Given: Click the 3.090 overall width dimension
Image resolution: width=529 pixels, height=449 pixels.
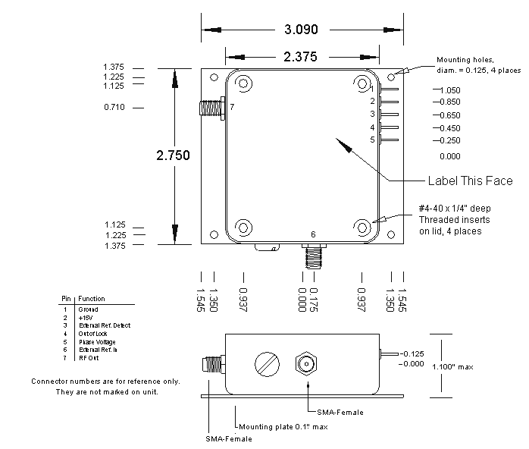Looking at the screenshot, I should click(x=301, y=30).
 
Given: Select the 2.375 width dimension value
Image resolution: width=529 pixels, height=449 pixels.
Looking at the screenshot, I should click(x=301, y=57).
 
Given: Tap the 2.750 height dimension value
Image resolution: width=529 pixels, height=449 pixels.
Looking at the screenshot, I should click(x=173, y=155).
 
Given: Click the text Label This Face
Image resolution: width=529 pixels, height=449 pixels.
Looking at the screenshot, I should click(x=470, y=181).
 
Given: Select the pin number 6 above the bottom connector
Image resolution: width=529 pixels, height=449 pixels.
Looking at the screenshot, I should click(x=313, y=234).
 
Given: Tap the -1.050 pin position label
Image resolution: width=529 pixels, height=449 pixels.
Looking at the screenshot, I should click(x=448, y=89).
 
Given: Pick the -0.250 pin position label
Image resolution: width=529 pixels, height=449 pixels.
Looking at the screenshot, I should click(x=448, y=140).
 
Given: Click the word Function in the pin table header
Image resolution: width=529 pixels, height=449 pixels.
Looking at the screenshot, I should click(x=92, y=299).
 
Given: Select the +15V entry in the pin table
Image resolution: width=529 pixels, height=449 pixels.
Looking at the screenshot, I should click(x=83, y=318).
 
